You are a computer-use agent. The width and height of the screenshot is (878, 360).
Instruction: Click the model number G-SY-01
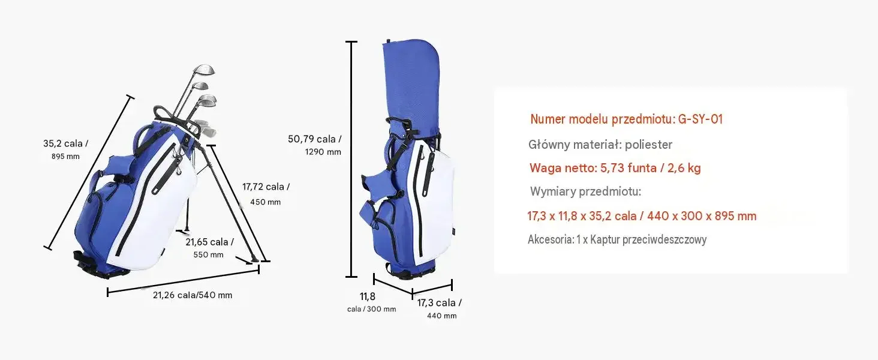pos(700,119)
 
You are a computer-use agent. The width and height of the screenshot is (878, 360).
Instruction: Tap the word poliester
pos(649,145)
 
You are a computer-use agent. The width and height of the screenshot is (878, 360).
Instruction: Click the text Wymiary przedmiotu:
pos(585,191)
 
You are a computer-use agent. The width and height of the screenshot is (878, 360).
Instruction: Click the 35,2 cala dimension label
pos(65,143)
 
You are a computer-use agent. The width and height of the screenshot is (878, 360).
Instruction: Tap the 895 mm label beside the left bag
pos(65,157)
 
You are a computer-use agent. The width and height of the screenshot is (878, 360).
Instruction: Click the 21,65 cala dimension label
pos(210,242)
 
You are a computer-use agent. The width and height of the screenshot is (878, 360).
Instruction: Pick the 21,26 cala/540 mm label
pos(193,295)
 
